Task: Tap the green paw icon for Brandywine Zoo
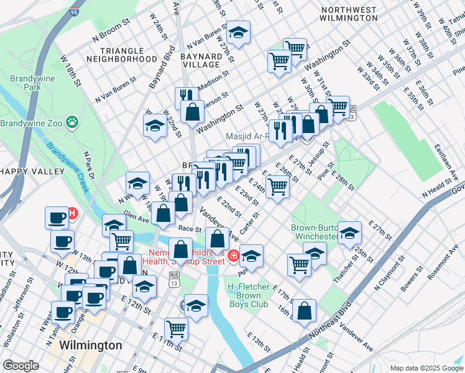(x=72, y=122)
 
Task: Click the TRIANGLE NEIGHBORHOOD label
(x=122, y=55)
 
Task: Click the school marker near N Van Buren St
(x=237, y=31)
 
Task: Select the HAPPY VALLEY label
(x=32, y=171)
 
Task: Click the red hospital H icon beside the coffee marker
(x=73, y=214)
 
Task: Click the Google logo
(x=21, y=366)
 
